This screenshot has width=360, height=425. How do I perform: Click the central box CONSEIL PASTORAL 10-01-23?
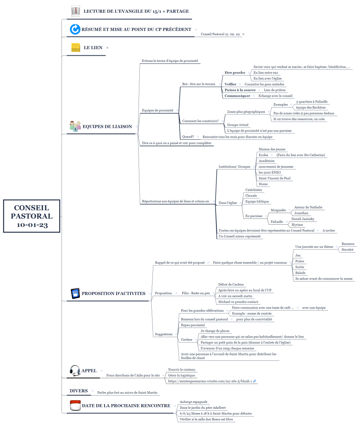click(x=32, y=216)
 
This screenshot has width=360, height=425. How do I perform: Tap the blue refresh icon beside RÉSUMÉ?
click(x=75, y=29)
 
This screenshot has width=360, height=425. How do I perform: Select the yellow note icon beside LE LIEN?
click(x=75, y=48)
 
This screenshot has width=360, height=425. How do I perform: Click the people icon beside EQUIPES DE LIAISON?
click(x=75, y=126)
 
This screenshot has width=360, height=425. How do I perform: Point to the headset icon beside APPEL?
click(x=75, y=370)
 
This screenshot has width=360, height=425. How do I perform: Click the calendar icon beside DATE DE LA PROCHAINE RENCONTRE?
click(x=75, y=406)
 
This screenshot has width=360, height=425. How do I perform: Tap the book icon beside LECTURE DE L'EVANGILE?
click(x=76, y=11)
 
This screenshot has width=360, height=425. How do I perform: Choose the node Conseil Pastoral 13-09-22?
click(x=220, y=34)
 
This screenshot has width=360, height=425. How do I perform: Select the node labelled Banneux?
click(x=348, y=244)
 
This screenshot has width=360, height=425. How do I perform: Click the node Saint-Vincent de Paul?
click(x=274, y=178)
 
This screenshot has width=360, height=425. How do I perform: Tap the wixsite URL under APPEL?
click(x=210, y=381)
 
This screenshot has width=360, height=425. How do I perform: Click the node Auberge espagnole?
click(x=193, y=402)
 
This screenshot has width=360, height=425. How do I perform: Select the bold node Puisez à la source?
click(x=240, y=90)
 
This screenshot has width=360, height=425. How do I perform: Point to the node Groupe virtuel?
click(x=238, y=125)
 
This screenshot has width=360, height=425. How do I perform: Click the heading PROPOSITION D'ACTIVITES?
click(x=113, y=294)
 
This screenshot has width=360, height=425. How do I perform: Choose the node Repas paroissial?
click(x=193, y=325)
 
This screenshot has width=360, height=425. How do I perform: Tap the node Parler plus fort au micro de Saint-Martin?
click(x=127, y=393)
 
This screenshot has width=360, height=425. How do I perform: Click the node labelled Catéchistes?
click(x=254, y=190)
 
